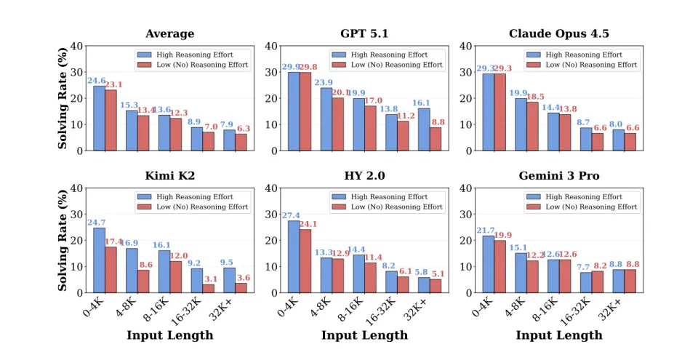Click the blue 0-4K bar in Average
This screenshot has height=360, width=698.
tap(99, 119)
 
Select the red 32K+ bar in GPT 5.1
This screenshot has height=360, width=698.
tap(436, 139)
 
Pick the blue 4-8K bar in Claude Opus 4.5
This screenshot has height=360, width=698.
tap(521, 124)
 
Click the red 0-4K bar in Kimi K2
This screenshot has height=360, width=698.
tap(111, 269)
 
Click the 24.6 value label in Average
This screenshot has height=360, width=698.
tap(97, 81)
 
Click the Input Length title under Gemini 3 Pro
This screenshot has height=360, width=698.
tap(559, 335)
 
